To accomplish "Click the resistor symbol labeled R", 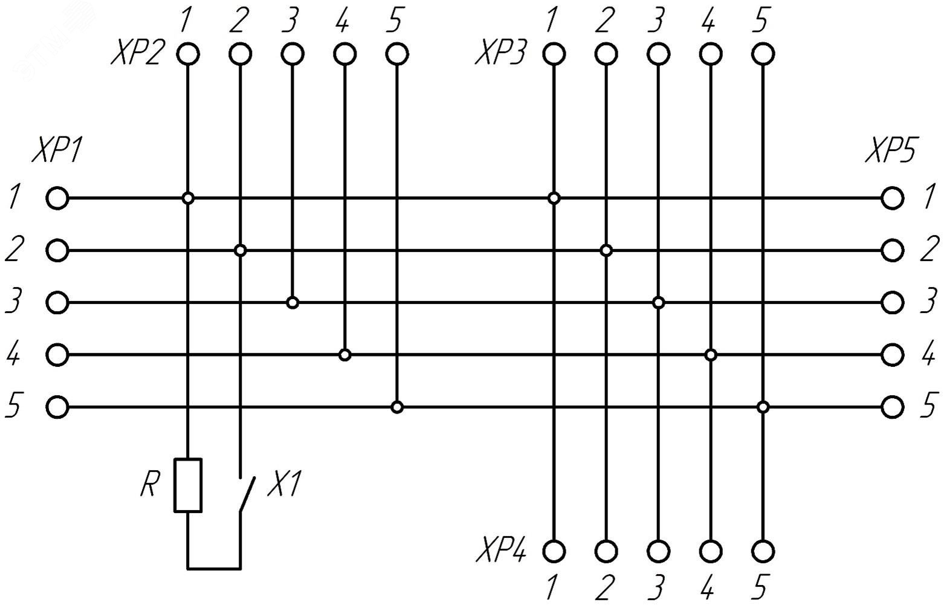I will tap(188, 485).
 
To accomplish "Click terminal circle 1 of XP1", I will tap(57, 198).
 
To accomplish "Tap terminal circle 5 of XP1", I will tap(57, 407).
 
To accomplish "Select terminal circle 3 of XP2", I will tap(293, 54).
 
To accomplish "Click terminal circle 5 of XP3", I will tap(763, 54).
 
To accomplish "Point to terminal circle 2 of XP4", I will tap(606, 551).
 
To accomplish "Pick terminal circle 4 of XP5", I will tap(892, 354).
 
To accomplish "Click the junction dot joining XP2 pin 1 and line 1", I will tap(188, 198).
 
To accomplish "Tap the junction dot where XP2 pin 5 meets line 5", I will tap(396, 407).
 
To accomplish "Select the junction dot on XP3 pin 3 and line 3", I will tap(659, 302).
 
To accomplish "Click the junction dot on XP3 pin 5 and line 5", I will tap(763, 407).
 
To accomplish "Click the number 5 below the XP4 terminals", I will tap(761, 587).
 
